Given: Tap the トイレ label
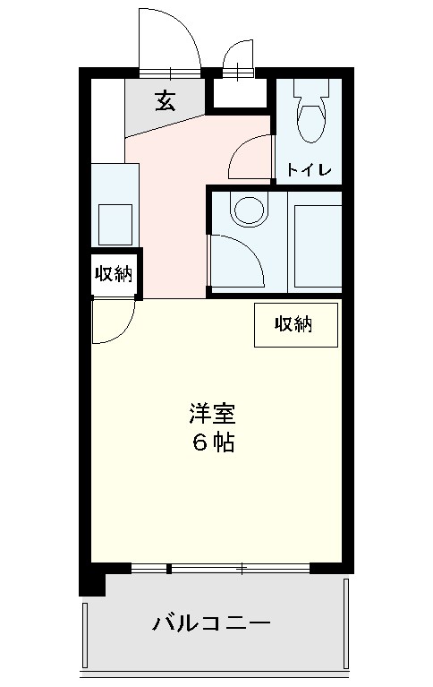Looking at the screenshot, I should [310, 169].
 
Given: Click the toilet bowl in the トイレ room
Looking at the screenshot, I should [310, 123].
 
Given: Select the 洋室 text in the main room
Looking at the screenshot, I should [212, 415].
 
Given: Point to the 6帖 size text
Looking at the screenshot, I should [213, 442].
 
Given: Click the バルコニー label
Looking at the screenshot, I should [211, 622].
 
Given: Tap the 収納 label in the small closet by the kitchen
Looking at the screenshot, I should [114, 275].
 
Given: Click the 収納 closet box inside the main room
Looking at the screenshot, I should [296, 324].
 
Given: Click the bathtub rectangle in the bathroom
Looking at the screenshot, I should [317, 247].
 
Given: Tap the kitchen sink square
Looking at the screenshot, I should [115, 223].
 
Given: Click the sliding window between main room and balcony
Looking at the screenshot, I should [220, 567].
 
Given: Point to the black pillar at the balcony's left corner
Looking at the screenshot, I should [91, 583].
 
